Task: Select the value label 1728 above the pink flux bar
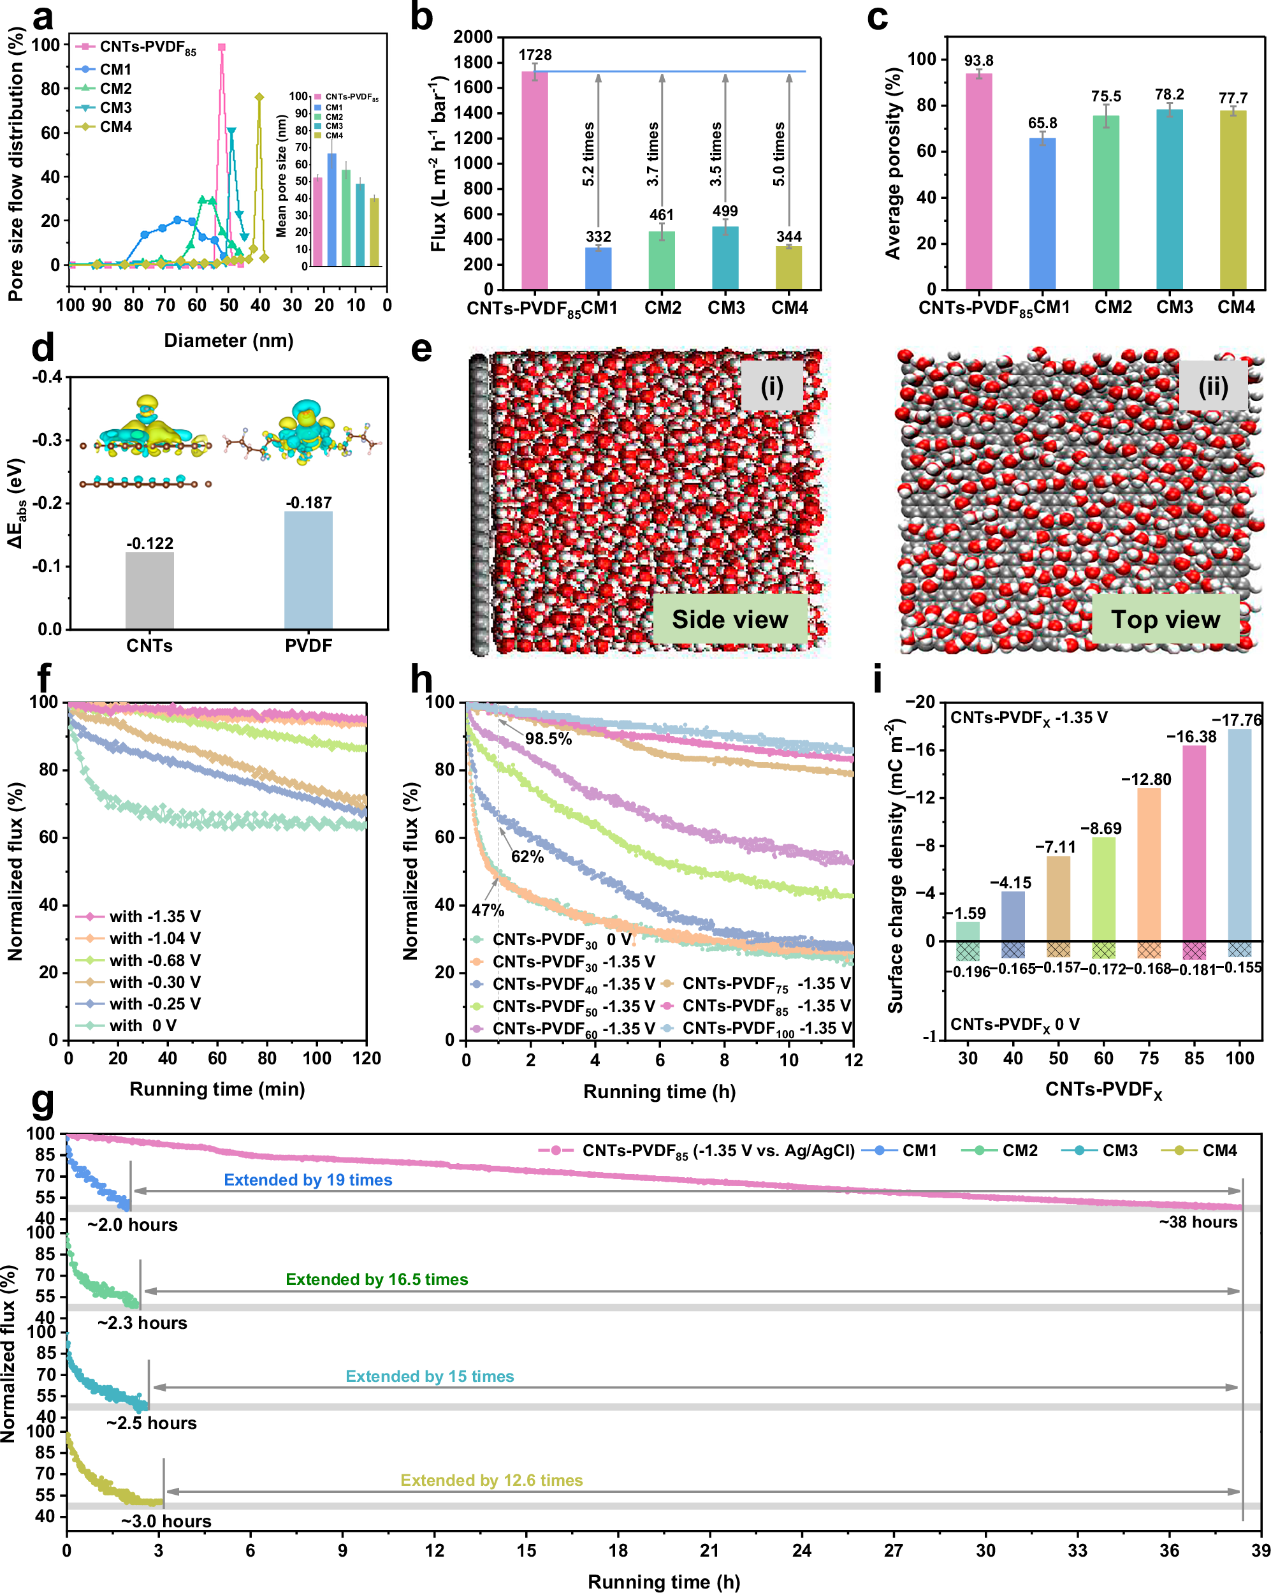pyautogui.click(x=535, y=55)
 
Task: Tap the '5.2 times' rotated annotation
pyautogui.click(x=588, y=154)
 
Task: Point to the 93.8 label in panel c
pyautogui.click(x=978, y=61)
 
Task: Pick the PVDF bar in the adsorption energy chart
pyautogui.click(x=308, y=569)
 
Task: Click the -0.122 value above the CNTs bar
pyautogui.click(x=149, y=544)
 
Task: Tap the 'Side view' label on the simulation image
pyautogui.click(x=729, y=619)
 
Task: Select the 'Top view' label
pyautogui.click(x=1165, y=619)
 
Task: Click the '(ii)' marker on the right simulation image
pyautogui.click(x=1212, y=386)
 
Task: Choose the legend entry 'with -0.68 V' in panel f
pyautogui.click(x=154, y=960)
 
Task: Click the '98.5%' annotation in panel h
pyautogui.click(x=548, y=739)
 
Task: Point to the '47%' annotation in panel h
pyautogui.click(x=488, y=910)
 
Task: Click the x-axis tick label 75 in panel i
pyautogui.click(x=1149, y=1058)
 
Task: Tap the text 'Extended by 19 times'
pyautogui.click(x=308, y=1180)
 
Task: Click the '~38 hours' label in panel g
pyautogui.click(x=1197, y=1222)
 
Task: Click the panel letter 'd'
pyautogui.click(x=43, y=348)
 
